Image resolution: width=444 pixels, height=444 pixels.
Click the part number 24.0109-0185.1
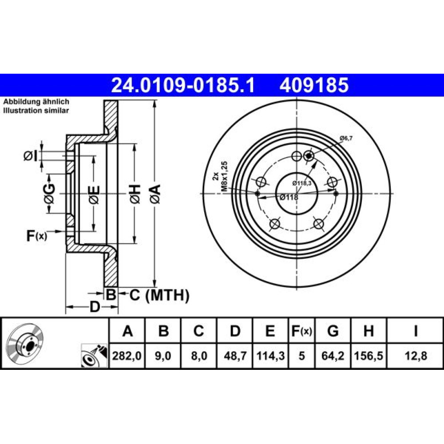[x=183, y=85]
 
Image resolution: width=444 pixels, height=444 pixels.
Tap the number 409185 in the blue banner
[x=314, y=85]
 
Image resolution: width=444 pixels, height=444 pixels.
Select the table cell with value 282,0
[x=127, y=356]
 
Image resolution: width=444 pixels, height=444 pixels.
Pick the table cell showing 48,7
[x=235, y=356]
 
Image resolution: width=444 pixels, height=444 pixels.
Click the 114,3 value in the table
[x=270, y=356]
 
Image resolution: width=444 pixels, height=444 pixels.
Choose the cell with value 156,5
[x=369, y=356]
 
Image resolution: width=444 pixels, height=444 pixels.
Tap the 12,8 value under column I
[x=416, y=356]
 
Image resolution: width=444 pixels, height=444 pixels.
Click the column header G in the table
[x=333, y=331]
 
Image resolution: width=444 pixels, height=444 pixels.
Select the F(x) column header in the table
[x=302, y=331]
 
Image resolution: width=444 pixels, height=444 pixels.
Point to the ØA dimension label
[x=155, y=194]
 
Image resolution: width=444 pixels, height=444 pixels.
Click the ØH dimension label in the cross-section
[x=135, y=194]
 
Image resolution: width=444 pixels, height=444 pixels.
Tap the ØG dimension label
[x=49, y=194]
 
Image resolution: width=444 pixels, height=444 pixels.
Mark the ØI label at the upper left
[x=30, y=156]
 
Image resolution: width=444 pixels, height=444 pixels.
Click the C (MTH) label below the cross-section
[x=159, y=295]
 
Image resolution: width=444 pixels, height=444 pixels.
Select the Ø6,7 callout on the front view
[x=346, y=138]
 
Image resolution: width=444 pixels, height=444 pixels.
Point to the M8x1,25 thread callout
[x=224, y=177]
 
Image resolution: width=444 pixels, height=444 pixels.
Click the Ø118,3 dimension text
[x=302, y=183]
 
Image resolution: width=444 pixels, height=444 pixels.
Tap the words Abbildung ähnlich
[x=36, y=101]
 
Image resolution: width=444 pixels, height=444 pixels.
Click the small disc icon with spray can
[x=94, y=356]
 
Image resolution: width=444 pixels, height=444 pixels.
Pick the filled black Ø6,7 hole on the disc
[x=309, y=155]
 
